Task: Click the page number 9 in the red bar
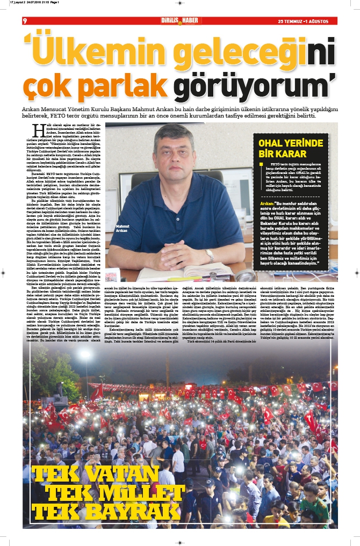(x=25, y=21)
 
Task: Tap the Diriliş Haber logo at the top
(x=181, y=20)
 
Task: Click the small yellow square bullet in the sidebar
(x=261, y=164)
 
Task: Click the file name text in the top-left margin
(x=33, y=3)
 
